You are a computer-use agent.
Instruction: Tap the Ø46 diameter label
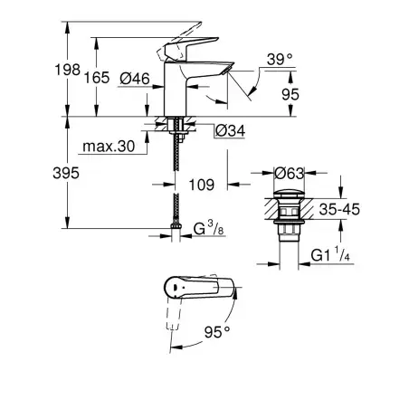135,78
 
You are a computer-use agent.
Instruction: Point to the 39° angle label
280,61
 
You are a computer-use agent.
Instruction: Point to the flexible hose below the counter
174,181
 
